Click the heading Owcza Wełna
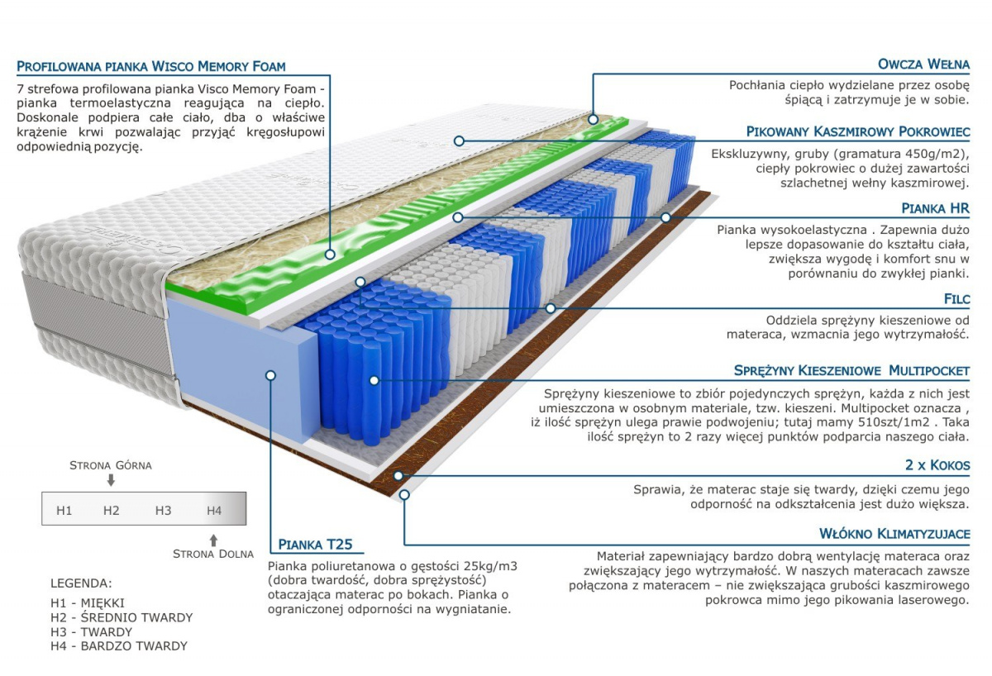click(923, 64)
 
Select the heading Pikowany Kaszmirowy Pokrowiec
click(858, 131)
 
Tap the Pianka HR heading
click(935, 208)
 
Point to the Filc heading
click(956, 299)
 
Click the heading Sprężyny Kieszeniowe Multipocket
click(851, 370)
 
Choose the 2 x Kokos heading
click(937, 464)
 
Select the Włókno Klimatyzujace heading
click(894, 534)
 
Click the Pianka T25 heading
click(315, 545)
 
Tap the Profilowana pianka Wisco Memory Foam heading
click(151, 66)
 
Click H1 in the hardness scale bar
click(64, 511)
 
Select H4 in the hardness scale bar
click(214, 511)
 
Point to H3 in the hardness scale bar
click(163, 511)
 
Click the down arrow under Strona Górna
click(111, 480)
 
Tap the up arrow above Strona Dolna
click(213, 540)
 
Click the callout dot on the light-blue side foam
click(270, 375)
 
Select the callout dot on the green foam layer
click(330, 255)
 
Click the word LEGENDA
click(82, 583)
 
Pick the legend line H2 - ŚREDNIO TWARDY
click(122, 617)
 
